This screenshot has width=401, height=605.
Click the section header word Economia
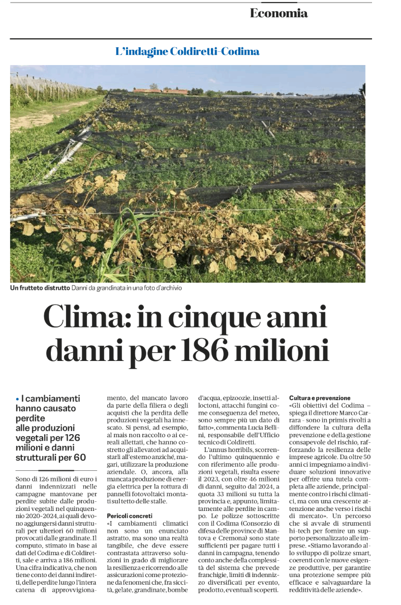point(279,14)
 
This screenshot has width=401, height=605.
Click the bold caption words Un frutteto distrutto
point(40,288)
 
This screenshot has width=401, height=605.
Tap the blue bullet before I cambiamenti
point(17,399)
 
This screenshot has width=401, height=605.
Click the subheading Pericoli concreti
point(130,516)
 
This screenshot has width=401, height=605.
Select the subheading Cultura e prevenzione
point(320,398)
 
